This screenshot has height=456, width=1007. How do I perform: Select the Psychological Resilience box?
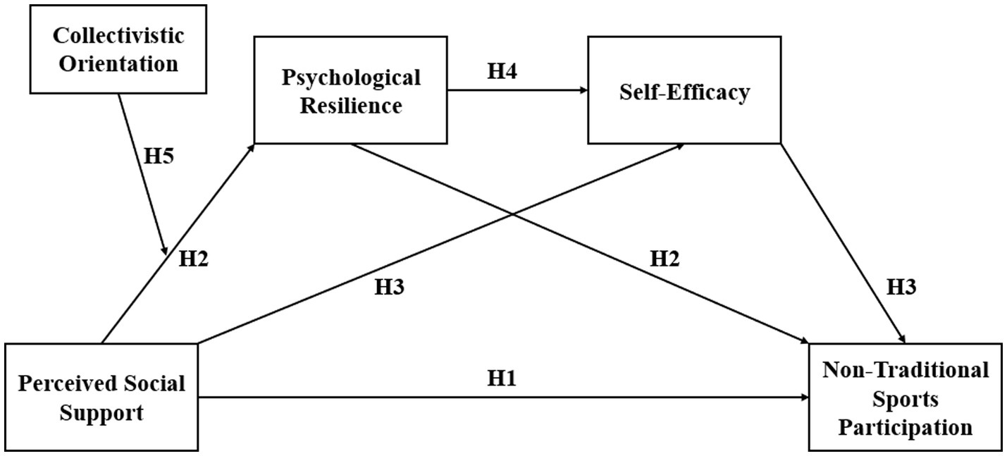(x=350, y=90)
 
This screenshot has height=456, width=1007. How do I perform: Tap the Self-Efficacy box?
(x=684, y=90)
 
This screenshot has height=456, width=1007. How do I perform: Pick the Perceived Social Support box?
(x=101, y=397)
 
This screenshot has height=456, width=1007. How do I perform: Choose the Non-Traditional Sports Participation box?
(x=906, y=397)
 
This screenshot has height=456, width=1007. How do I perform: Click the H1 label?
(x=502, y=378)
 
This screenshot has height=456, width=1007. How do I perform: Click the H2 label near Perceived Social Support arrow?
(x=194, y=259)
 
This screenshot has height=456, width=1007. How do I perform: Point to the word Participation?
(x=906, y=427)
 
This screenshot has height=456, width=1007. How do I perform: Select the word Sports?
(x=906, y=399)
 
